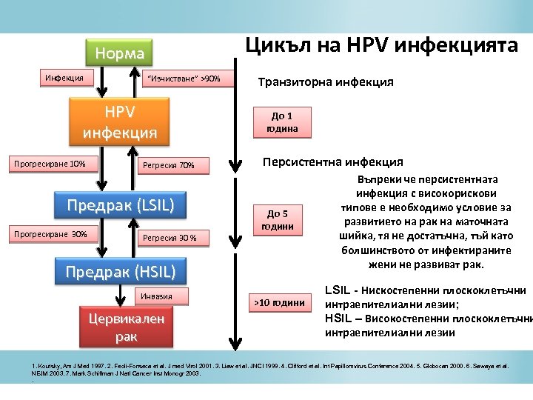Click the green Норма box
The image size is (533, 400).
(119, 53)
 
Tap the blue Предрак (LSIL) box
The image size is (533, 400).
(120, 204)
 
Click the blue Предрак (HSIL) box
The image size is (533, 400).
(120, 272)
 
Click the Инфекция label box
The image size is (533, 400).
(64, 77)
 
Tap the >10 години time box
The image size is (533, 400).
(279, 301)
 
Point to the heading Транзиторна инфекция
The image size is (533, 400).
(325, 82)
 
